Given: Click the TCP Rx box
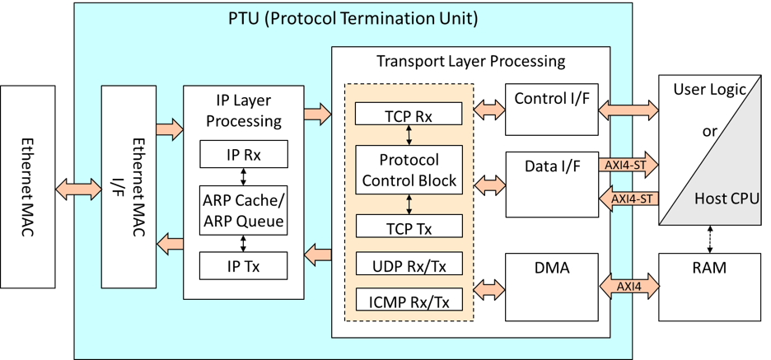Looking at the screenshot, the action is coord(408,114).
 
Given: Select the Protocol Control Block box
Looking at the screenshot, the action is coord(409,170).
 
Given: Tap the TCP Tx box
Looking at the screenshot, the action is coord(409,226).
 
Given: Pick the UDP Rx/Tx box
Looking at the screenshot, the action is coord(409,263).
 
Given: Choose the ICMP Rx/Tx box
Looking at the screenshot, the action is coord(409,299).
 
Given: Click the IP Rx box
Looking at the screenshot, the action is coord(243,154).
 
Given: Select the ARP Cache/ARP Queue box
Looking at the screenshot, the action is coord(243,210).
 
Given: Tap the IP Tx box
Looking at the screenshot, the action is coord(243,265).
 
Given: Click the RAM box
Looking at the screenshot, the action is coord(709,288).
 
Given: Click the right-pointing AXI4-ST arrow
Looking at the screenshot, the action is coord(628,165).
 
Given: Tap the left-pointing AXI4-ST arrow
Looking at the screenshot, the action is coord(628,199).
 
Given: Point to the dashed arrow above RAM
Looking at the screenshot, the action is coord(709,240).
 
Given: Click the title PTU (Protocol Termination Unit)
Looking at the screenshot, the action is coord(353,19).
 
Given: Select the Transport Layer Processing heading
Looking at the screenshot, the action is coord(470,62).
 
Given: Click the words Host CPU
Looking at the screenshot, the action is coord(727,199).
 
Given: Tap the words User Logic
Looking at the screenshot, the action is coord(709,90).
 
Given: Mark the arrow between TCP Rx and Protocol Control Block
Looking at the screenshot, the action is coord(409,135).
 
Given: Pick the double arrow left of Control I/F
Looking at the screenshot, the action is coord(488,110).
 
